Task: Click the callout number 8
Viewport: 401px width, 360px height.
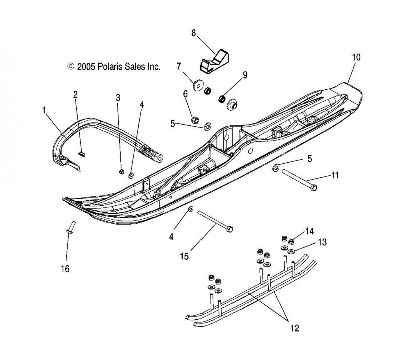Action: point(193,33)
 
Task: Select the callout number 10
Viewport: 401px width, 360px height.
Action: point(356,57)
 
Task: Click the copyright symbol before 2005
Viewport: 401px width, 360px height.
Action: point(71,66)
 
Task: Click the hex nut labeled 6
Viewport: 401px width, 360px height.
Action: point(195,119)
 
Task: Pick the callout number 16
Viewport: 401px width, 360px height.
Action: point(65,269)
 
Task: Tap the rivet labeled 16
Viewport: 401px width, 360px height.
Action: point(71,227)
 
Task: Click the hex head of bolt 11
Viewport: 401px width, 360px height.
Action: point(314,188)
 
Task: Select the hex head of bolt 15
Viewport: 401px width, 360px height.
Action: point(230,229)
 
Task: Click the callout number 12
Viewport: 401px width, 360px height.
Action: point(295,328)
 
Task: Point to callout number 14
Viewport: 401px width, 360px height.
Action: point(309,231)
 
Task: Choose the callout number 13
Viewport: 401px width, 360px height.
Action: point(322,242)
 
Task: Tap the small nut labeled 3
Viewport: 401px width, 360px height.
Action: point(122,171)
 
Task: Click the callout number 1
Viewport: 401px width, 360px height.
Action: point(44,110)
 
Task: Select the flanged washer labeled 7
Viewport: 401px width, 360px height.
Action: point(197,85)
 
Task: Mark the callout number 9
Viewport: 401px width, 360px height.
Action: point(245,75)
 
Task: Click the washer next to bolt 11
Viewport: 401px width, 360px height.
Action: point(276,167)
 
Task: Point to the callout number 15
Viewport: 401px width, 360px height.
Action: point(184,256)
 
